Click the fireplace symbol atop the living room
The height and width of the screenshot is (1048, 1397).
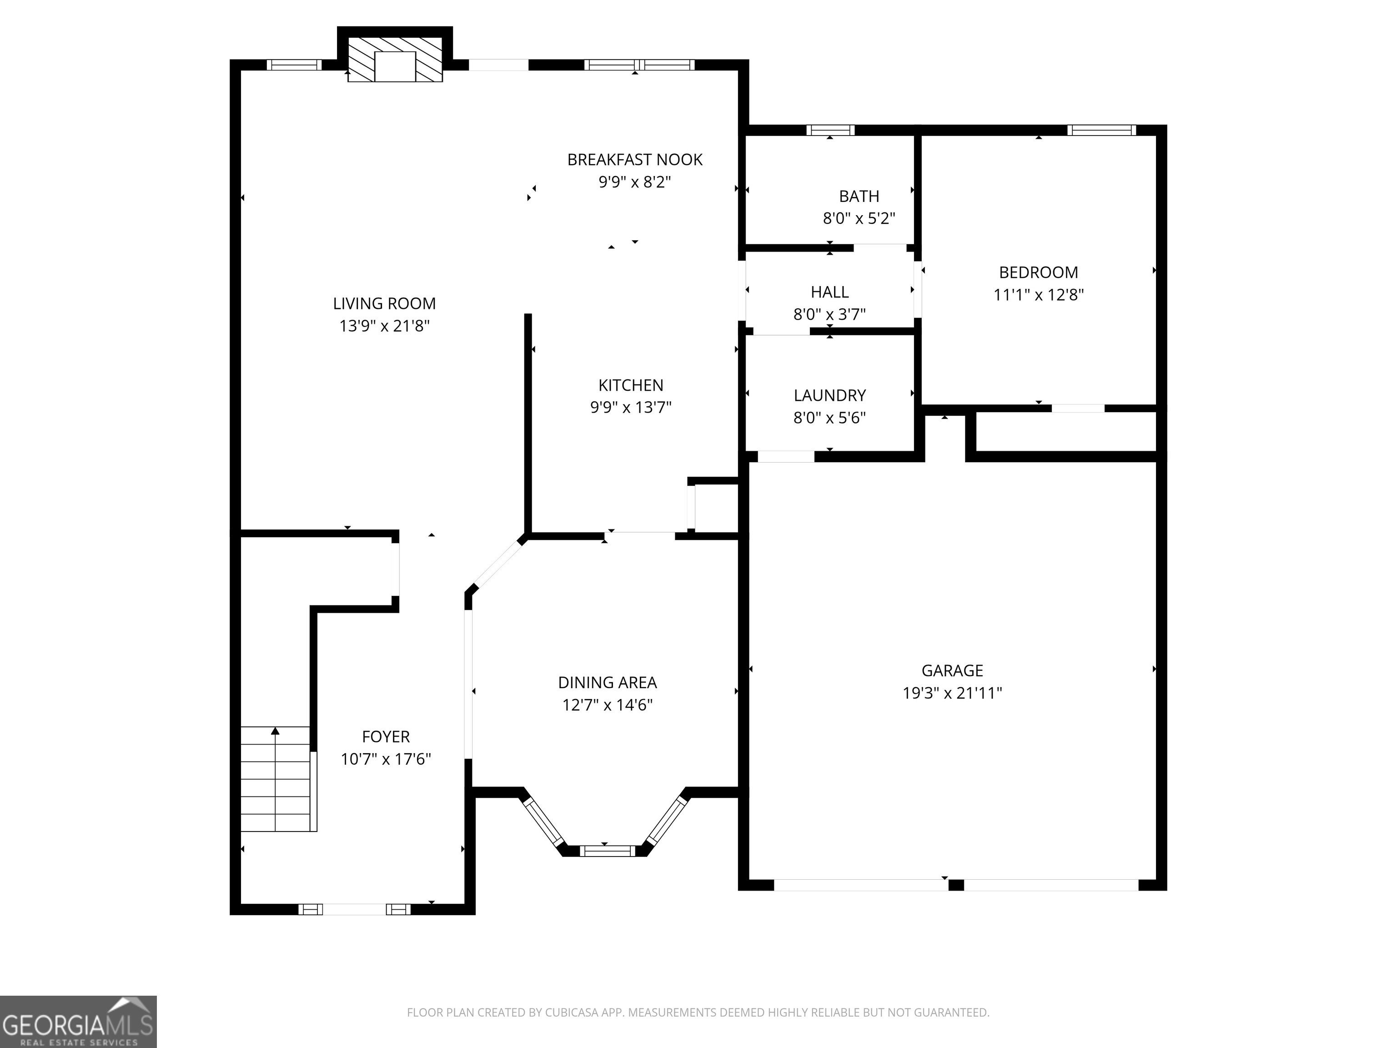[x=395, y=59]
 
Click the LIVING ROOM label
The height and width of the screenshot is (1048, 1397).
[x=385, y=304]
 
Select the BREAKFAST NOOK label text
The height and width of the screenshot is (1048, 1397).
[x=635, y=160]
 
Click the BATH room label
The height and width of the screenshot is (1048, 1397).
[x=859, y=196]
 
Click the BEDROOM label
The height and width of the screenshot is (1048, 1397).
[x=1038, y=272]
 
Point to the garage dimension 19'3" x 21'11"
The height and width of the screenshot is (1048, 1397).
[x=952, y=693]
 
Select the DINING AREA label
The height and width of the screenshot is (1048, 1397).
[x=608, y=682]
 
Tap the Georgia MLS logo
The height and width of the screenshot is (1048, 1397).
[x=78, y=1022]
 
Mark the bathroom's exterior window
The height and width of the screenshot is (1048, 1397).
[x=830, y=130]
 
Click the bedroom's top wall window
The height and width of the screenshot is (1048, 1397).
[x=1101, y=130]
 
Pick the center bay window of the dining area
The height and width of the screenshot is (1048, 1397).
[x=608, y=851]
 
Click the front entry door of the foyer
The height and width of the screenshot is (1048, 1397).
[x=354, y=910]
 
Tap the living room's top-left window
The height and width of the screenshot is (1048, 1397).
[x=294, y=65]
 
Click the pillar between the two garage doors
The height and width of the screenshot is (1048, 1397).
[x=956, y=885]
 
